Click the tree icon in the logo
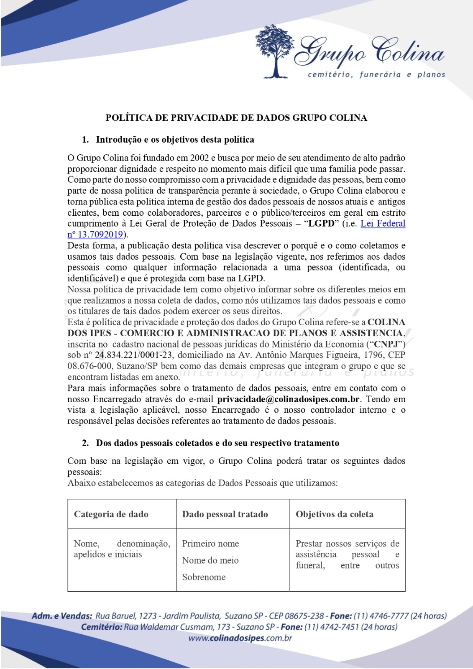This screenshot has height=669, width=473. tap(275, 51)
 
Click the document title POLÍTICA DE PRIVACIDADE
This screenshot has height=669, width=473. tap(236, 118)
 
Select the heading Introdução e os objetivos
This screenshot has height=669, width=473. tap(175, 140)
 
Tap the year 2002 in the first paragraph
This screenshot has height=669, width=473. tap(199, 158)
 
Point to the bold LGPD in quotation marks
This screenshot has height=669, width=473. tap(322, 224)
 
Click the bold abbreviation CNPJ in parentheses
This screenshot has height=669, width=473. tap(386, 345)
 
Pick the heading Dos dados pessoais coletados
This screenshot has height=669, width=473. tap(217, 443)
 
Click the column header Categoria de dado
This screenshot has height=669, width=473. tap(111, 514)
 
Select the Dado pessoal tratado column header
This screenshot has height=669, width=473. tap(225, 514)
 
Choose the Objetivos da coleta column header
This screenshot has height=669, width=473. tap(335, 514)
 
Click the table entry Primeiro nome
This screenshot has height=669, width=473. tap(210, 544)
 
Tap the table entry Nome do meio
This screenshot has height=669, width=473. tap(210, 560)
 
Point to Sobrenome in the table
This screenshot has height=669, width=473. tap(204, 577)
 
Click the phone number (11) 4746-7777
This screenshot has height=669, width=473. tap(381, 616)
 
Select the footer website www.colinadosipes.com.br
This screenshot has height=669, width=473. tap(240, 638)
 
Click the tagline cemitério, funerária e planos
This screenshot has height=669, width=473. tap(376, 75)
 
